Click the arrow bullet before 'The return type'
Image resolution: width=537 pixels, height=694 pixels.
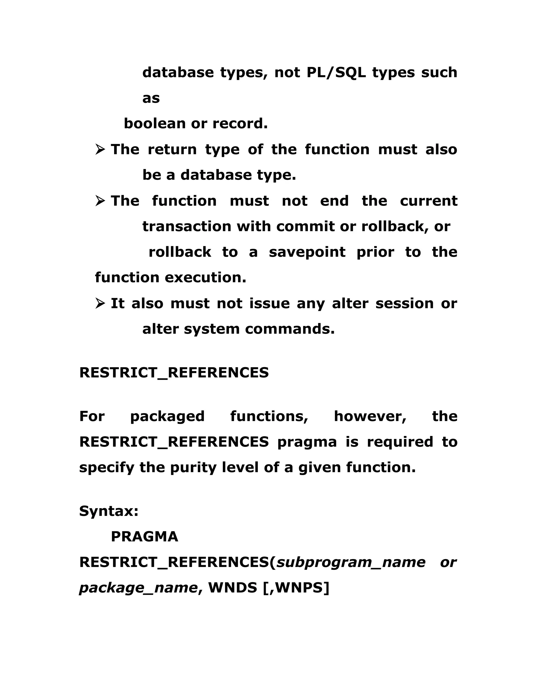(x=100, y=149)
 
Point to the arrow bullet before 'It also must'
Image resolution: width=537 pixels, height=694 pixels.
(x=100, y=303)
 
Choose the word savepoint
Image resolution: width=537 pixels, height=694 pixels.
(x=307, y=252)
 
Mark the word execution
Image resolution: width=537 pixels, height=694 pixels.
(x=206, y=277)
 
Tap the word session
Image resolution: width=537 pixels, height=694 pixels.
(x=404, y=303)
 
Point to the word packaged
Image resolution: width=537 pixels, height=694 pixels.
(x=167, y=416)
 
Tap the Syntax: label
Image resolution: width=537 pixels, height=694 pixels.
(x=109, y=511)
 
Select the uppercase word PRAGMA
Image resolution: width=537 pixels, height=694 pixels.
(x=144, y=537)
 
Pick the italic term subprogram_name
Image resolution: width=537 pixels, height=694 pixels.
(x=351, y=562)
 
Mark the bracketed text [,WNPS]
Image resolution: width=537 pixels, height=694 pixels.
(x=296, y=588)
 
